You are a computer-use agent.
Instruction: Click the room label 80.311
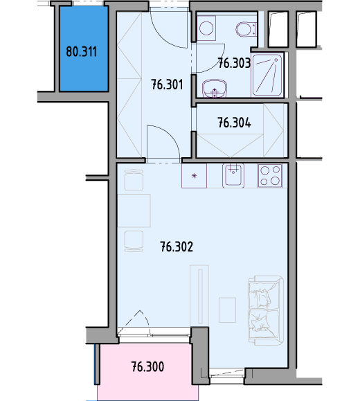pos(81,52)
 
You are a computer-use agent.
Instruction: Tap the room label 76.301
pos(167,84)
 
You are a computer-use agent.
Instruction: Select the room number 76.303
pos(234,63)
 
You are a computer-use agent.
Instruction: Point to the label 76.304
pos(234,123)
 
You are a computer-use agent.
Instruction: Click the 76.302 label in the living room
pos(177,247)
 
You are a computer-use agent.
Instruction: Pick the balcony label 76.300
pos(147,366)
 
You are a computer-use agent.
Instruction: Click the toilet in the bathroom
pos(246,29)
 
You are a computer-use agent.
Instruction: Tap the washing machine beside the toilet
pos(206,28)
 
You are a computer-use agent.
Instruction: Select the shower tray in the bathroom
pos(267,75)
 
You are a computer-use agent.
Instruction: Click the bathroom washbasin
pos(215,88)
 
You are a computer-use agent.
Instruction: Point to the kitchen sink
pos(233,176)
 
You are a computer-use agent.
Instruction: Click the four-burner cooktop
pos(270,176)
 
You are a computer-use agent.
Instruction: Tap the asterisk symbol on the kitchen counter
pos(195,176)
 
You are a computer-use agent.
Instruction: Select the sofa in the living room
pos(266,310)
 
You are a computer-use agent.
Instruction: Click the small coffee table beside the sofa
pos(227,310)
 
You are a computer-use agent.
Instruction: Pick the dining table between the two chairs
pos(134,211)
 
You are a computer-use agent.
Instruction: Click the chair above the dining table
pos(134,179)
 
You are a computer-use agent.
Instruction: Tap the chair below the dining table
pos(134,241)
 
